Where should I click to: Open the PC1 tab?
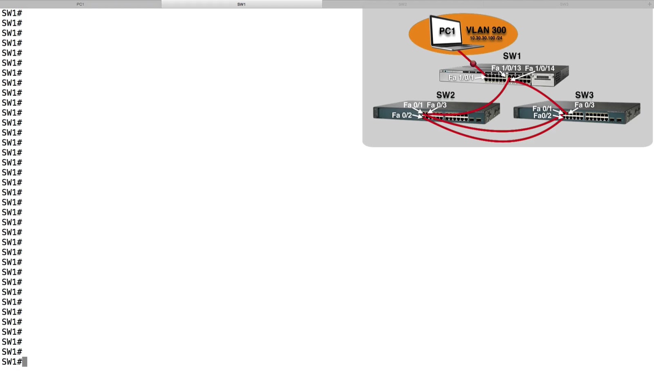tap(80, 4)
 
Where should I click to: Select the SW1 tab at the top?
tap(242, 4)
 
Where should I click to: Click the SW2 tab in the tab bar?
tap(403, 4)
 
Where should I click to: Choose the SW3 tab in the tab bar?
tap(564, 4)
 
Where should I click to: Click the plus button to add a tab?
tap(650, 4)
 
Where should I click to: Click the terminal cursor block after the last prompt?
tap(25, 362)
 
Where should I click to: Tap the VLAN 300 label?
tap(486, 30)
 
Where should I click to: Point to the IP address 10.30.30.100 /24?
tap(486, 38)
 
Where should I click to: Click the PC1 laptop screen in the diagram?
tap(447, 31)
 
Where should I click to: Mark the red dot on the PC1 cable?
tap(473, 64)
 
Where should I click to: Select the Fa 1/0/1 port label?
tap(461, 78)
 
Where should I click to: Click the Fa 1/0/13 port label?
tap(506, 68)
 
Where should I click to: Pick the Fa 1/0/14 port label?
tap(540, 68)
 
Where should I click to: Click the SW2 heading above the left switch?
tap(446, 95)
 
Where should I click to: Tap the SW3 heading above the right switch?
tap(584, 95)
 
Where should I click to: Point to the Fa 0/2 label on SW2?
tap(402, 115)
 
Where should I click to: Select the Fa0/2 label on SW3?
tap(542, 116)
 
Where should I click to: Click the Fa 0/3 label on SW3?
tap(585, 105)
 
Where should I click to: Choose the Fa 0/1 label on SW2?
tap(413, 105)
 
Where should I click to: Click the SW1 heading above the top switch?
tap(512, 56)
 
